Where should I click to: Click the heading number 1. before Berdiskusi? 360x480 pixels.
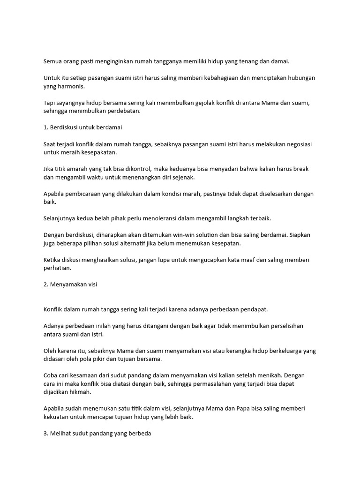coord(46,127)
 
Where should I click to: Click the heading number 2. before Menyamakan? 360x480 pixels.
coord(46,285)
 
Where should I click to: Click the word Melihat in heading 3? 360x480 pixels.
coord(61,434)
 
